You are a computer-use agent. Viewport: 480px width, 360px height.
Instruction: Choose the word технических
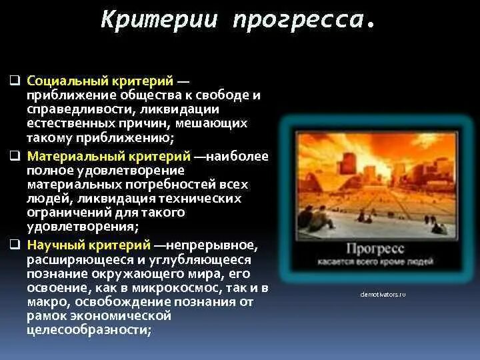point(205,199)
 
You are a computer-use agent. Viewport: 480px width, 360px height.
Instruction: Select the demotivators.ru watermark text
point(383,294)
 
